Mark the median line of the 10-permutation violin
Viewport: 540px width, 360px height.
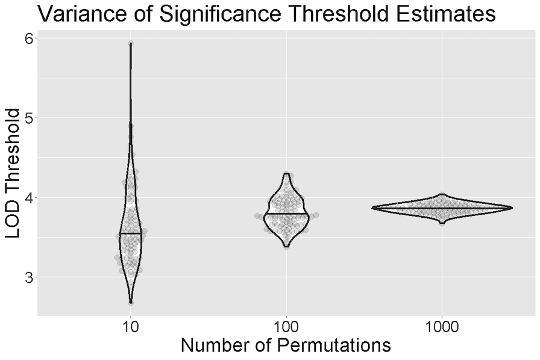point(131,233)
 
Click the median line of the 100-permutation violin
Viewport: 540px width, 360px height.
point(286,213)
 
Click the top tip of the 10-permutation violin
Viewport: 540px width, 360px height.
point(131,43)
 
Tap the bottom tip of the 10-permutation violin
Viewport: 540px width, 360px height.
point(131,302)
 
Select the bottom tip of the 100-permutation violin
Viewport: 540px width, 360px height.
point(286,246)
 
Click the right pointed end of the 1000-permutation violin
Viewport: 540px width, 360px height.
point(512,208)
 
